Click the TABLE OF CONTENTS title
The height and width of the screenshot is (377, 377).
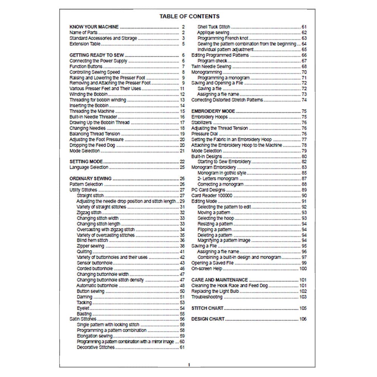[189, 16]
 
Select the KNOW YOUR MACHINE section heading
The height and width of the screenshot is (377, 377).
[94, 27]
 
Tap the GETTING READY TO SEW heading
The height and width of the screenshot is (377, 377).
[97, 55]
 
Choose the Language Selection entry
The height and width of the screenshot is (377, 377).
[89, 167]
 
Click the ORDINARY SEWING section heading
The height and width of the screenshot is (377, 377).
[90, 179]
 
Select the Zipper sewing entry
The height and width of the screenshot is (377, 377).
[90, 246]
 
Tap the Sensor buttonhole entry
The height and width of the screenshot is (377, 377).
[94, 263]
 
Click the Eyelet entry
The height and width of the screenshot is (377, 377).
[83, 308]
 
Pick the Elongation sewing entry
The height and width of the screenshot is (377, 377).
[95, 336]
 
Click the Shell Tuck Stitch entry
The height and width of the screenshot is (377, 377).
[214, 27]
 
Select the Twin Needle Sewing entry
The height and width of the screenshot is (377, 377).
[211, 66]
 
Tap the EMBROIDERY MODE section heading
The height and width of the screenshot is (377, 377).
[213, 111]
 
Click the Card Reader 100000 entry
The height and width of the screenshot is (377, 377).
[212, 196]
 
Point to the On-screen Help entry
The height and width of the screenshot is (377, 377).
[207, 269]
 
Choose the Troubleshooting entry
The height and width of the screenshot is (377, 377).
[207, 297]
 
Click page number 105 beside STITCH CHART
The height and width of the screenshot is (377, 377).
[303, 308]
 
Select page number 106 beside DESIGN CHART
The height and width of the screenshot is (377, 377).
[303, 319]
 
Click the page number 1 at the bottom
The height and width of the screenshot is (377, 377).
[189, 365]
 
